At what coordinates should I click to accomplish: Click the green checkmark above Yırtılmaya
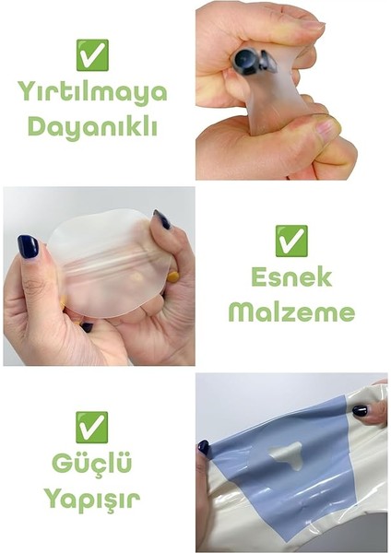91,55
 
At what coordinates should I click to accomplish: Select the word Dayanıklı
91,125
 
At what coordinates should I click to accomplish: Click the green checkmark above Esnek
290,240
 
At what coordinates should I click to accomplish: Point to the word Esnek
290,277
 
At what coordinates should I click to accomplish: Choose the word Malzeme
290,312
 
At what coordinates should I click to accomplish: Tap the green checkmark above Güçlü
91,426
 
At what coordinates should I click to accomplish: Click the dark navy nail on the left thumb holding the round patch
29,246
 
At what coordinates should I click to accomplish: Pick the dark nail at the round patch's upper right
162,219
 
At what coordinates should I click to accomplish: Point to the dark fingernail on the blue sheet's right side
360,410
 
